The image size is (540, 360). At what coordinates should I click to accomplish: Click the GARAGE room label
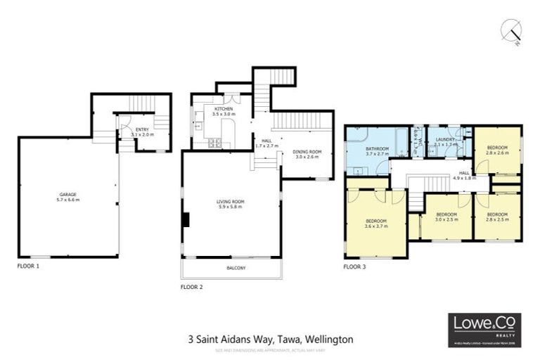68,194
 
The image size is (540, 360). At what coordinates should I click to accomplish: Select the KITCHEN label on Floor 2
224,109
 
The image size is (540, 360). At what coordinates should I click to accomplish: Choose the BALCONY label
234,269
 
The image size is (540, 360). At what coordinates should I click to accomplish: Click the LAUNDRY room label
445,139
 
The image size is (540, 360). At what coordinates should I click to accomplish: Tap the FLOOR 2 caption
192,287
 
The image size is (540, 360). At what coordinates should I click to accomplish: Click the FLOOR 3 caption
354,267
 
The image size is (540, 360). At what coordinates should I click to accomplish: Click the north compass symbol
513,30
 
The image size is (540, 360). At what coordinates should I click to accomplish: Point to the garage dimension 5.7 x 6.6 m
68,200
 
